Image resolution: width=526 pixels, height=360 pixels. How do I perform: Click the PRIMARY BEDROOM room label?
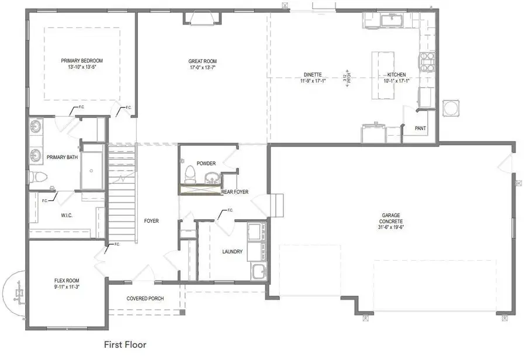pos(82,60)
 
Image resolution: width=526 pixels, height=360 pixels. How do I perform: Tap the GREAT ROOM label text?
pos(202,61)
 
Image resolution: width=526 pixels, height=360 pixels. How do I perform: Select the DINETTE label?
pos(312,75)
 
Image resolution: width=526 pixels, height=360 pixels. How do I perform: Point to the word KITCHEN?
pos(396,75)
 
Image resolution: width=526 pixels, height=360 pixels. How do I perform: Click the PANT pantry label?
pos(420,128)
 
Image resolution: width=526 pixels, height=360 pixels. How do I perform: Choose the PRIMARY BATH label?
pos(63,157)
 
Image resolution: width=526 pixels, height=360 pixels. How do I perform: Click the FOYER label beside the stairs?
pos(152,221)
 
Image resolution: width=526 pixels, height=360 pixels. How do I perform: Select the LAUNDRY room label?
pos(232,252)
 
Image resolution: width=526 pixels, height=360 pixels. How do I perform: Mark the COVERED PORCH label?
pos(145,299)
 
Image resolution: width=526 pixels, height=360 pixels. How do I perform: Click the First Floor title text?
pos(125,345)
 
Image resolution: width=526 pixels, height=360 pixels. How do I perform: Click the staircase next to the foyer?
pos(121,193)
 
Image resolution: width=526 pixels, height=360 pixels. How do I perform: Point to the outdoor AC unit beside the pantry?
pos(452,109)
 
